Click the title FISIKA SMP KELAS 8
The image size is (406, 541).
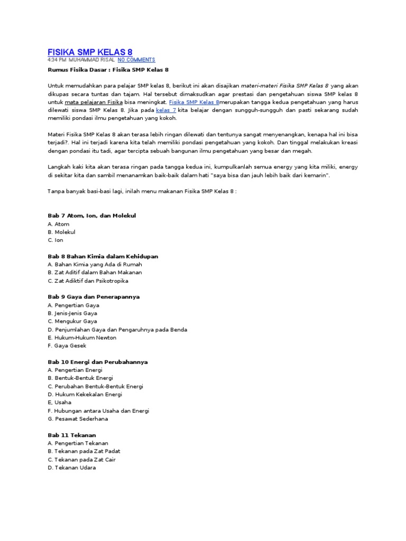pos(90,52)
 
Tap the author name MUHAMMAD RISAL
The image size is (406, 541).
pos(92,60)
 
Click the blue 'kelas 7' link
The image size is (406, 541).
pos(166,110)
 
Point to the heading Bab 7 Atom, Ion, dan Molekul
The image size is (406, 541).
pos(92,216)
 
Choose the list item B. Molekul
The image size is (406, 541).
pos(61,232)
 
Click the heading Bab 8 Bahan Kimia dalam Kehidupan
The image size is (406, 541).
pos(103,256)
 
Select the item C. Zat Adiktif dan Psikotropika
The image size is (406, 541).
pos(88,281)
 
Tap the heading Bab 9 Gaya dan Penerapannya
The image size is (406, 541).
pos(94,297)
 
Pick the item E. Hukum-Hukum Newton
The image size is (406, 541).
pos(82,338)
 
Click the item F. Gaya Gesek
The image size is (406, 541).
pos(67,346)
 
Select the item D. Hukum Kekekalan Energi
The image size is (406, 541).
pos(85,394)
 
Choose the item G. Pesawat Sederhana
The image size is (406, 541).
pos(77,419)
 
